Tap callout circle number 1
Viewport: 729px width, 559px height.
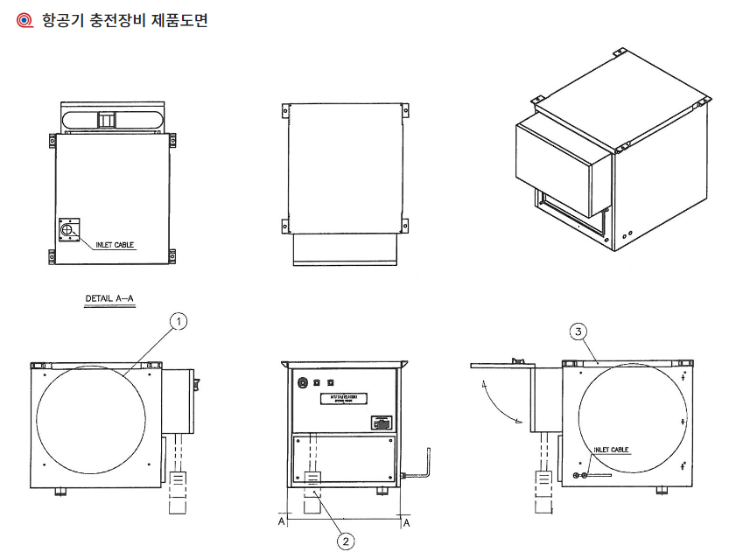pos(178,322)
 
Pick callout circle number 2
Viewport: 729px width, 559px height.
pos(346,541)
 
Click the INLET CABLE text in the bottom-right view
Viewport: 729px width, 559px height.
pos(612,450)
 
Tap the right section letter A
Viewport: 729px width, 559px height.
pos(406,521)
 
